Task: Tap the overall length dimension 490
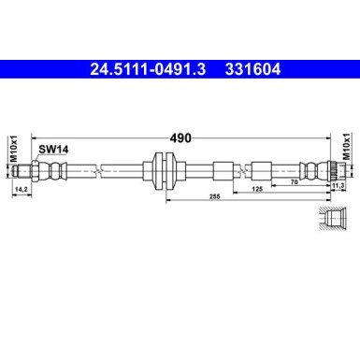tap(180, 137)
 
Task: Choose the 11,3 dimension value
tap(339, 185)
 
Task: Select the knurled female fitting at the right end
tap(328, 171)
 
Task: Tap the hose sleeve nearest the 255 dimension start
tap(223, 171)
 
